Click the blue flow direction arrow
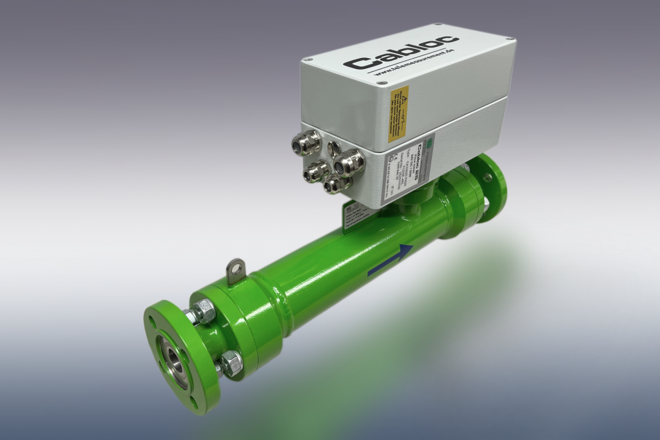point(390,261)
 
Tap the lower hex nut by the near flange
point(230,364)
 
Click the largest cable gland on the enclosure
point(349,163)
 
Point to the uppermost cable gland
point(307,141)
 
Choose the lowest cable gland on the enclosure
point(336,185)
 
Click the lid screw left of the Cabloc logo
point(309,59)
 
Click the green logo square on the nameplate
point(431,140)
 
